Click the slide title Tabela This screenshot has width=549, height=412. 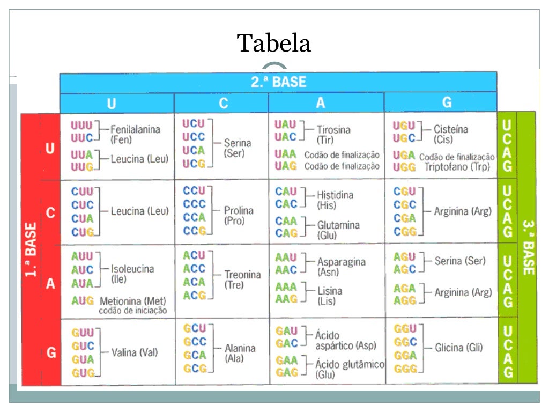click(274, 43)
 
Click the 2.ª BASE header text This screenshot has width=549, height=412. click(278, 82)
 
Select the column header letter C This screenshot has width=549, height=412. click(223, 103)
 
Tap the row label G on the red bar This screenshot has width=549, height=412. click(51, 353)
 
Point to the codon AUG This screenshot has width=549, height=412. click(83, 300)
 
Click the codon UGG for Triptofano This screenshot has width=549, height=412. click(404, 167)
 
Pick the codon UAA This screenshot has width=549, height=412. click(285, 154)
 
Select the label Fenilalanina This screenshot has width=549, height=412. click(135, 130)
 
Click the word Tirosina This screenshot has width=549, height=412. click(333, 130)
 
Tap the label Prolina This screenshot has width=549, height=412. click(239, 210)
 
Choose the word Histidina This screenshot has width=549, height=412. click(335, 195)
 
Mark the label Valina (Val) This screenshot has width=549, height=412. click(135, 353)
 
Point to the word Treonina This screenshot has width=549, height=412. click(242, 275)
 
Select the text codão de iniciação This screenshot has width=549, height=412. click(132, 311)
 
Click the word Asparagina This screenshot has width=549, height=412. click(341, 262)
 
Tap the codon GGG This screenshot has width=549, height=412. click(405, 369)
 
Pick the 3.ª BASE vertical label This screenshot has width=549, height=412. click(528, 247)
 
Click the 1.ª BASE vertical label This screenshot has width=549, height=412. click(31, 249)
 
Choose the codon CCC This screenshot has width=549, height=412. click(194, 204)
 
